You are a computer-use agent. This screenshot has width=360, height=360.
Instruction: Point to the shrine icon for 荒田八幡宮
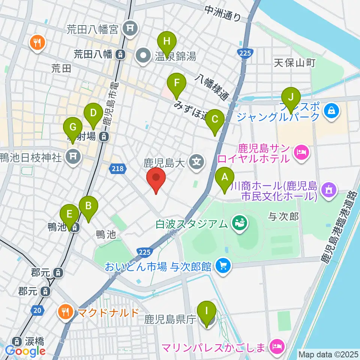pos(130,28)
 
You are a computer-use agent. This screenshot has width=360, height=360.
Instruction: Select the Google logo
pos(25,351)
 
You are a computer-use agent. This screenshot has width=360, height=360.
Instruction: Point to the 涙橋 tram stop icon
pos(16,341)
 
